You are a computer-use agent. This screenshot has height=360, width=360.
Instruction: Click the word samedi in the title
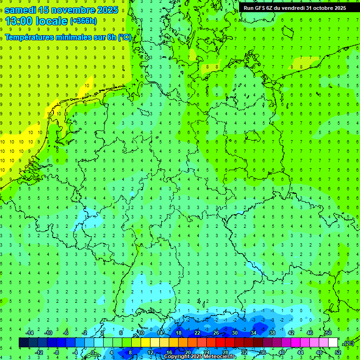(x=21, y=10)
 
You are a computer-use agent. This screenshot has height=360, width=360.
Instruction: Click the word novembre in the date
(x=75, y=10)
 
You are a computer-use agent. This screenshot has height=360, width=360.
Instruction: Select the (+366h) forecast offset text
(x=83, y=21)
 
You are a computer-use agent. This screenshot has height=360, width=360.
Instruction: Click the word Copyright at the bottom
(x=178, y=356)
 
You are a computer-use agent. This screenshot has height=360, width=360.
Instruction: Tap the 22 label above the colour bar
(x=197, y=333)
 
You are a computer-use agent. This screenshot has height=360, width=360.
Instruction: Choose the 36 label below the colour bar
(x=263, y=352)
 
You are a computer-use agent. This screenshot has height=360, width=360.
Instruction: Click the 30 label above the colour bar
(x=235, y=333)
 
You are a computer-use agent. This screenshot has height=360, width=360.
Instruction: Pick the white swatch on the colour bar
(x=333, y=343)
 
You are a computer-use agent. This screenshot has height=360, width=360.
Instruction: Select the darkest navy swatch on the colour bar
(x=24, y=343)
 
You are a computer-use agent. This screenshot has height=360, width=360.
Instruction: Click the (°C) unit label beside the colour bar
(x=348, y=344)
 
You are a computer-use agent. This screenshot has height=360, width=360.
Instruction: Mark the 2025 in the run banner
(x=338, y=8)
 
